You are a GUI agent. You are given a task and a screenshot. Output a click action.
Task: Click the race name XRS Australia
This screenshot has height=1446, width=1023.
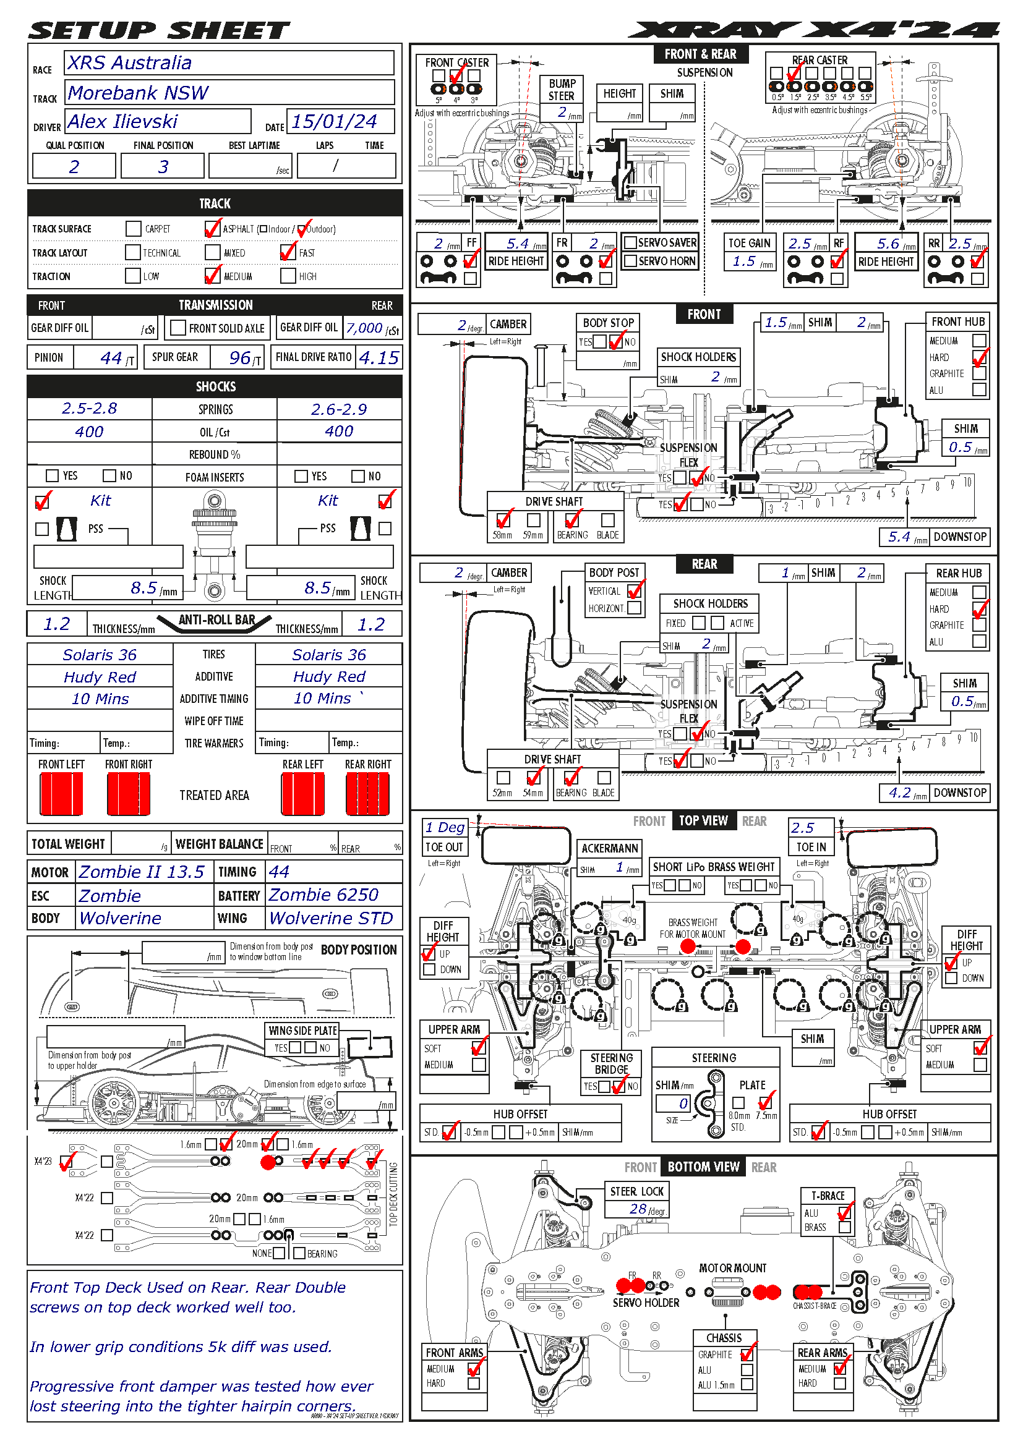click(x=130, y=63)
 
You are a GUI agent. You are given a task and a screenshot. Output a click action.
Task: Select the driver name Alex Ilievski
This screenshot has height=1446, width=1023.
click(x=123, y=122)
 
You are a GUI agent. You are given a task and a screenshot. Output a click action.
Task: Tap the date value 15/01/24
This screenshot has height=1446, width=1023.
click(x=334, y=122)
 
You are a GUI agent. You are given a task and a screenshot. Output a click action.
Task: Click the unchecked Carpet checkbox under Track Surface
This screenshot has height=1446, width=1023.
click(x=133, y=229)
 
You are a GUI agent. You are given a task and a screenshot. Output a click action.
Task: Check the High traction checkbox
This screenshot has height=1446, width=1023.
click(x=288, y=276)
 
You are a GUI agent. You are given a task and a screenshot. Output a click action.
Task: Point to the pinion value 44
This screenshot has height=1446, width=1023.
click(x=111, y=358)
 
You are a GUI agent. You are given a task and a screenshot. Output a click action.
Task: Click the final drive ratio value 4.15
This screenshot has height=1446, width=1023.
click(x=379, y=358)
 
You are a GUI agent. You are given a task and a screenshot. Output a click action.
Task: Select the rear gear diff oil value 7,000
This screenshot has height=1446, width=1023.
click(x=364, y=328)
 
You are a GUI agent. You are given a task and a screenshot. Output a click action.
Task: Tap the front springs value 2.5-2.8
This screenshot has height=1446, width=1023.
click(x=90, y=409)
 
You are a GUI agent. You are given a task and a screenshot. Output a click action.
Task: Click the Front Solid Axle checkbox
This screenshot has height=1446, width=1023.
click(x=178, y=328)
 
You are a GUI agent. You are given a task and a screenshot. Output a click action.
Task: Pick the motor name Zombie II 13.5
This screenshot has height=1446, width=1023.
click(x=141, y=872)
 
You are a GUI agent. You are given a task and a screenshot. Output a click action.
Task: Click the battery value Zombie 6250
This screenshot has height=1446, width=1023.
click(x=323, y=895)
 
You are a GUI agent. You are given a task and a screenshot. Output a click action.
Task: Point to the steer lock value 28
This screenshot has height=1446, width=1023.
click(x=638, y=1209)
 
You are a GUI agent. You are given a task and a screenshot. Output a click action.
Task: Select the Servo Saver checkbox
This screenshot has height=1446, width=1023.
click(x=629, y=242)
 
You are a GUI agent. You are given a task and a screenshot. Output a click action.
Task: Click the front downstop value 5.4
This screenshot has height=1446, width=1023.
click(x=899, y=537)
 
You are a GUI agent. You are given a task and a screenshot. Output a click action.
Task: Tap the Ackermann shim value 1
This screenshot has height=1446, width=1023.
click(x=620, y=867)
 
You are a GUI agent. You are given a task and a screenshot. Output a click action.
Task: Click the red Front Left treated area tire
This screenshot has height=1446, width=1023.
click(x=61, y=794)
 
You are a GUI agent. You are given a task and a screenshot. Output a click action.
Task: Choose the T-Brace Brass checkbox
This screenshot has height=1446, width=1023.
click(x=845, y=1228)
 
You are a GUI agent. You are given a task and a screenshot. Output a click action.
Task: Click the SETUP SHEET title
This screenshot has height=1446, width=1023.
click(x=159, y=30)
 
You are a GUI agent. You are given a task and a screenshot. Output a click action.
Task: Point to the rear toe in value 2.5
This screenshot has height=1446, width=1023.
click(x=803, y=828)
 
